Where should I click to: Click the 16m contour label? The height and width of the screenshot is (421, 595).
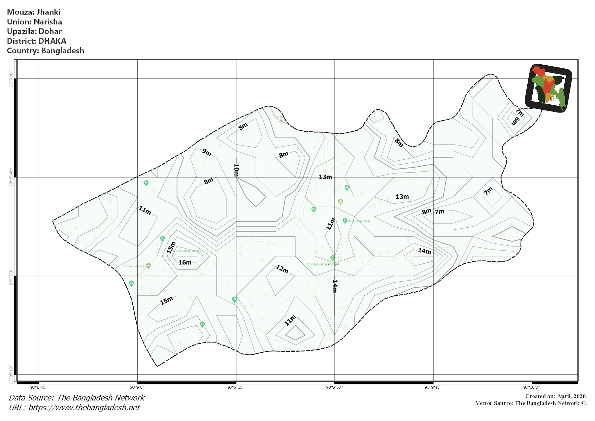click(185, 262)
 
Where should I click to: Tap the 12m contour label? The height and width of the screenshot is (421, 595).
click(282, 269)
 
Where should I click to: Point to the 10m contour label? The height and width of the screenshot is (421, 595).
click(236, 170)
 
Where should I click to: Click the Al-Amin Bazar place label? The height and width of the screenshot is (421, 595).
click(359, 221)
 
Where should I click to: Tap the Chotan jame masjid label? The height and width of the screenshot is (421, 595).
click(323, 264)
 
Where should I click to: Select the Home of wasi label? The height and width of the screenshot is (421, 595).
click(134, 266)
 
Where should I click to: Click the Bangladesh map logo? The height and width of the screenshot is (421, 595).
click(548, 88)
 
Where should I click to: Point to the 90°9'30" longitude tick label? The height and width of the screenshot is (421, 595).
click(334, 387)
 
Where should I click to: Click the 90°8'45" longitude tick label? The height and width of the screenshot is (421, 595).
click(39, 387)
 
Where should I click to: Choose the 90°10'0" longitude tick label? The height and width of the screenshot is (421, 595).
click(532, 387)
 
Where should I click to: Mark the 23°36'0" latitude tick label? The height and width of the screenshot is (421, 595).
click(11, 79)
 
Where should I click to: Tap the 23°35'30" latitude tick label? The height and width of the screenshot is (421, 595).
click(11, 276)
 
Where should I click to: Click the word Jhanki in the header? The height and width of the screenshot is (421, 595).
click(49, 12)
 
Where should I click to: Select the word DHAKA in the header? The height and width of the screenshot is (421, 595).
click(52, 41)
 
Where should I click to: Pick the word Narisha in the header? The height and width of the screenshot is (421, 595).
click(48, 22)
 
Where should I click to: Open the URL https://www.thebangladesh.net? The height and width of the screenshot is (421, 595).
click(84, 408)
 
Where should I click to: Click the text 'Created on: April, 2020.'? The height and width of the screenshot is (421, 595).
click(556, 396)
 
